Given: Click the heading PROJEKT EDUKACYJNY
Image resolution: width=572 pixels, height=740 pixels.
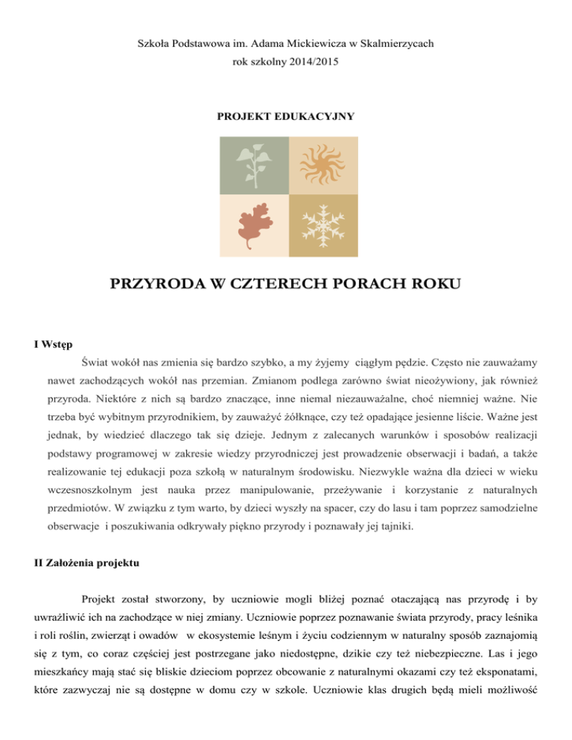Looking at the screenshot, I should coord(286,116).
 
